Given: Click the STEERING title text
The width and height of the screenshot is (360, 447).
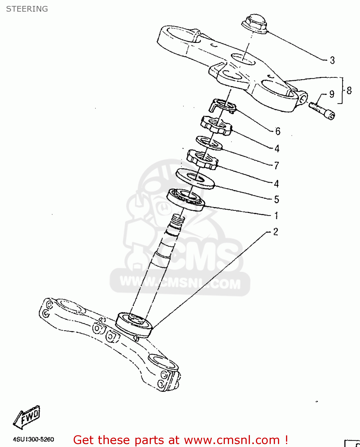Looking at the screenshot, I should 27,9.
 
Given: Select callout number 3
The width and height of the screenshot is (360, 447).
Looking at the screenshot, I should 332,60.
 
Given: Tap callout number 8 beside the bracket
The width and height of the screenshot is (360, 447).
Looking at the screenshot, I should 349,90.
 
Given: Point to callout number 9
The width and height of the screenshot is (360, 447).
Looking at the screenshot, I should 332,94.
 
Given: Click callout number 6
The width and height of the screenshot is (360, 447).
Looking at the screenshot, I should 278,131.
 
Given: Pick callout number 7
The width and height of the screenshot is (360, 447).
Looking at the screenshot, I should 276,165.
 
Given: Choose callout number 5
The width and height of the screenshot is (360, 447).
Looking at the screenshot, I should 276,199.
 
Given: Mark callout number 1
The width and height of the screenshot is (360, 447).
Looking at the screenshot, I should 276,215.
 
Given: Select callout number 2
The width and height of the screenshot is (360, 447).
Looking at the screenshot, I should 276,232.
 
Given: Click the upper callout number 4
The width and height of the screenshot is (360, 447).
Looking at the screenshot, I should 277,148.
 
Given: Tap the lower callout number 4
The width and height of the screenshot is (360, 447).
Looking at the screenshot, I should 276,184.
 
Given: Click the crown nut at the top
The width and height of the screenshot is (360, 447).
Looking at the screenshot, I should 254,24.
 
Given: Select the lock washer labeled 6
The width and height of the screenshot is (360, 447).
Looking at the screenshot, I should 224,106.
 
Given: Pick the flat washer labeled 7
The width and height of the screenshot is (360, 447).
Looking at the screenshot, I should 209,143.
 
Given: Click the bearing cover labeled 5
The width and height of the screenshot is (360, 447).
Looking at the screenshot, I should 195,179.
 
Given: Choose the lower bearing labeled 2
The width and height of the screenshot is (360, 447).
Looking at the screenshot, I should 134,325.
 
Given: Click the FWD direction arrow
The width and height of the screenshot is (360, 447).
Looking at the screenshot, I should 27,417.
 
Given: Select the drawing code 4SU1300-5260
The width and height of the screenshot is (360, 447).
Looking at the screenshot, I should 33,440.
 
